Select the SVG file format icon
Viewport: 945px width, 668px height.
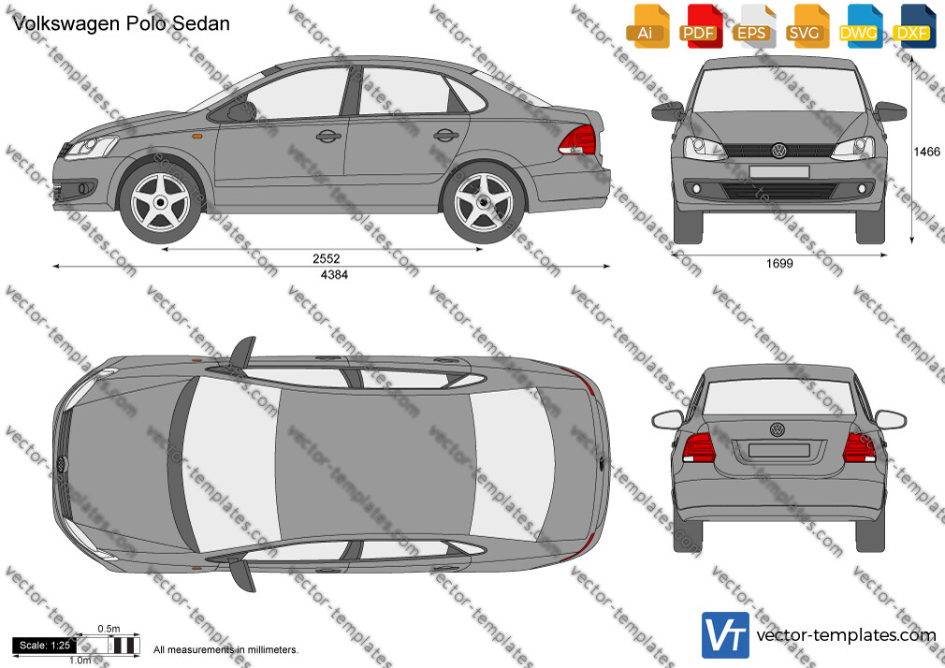pyautogui.click(x=808, y=26)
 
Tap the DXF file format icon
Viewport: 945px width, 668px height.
pyautogui.click(x=915, y=26)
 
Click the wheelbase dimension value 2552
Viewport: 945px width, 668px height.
pyautogui.click(x=326, y=258)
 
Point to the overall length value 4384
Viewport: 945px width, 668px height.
pyautogui.click(x=334, y=275)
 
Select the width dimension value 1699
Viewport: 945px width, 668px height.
pyautogui.click(x=779, y=264)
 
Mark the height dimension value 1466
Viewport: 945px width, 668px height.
pyautogui.click(x=926, y=152)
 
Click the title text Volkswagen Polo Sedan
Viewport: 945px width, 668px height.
pyautogui.click(x=121, y=23)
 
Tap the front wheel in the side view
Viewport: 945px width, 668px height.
pyautogui.click(x=160, y=202)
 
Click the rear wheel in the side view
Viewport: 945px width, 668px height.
pyautogui.click(x=484, y=202)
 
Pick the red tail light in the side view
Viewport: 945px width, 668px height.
pyautogui.click(x=577, y=140)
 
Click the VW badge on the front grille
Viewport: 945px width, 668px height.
pyautogui.click(x=778, y=150)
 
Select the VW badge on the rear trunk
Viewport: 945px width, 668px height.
pyautogui.click(x=778, y=429)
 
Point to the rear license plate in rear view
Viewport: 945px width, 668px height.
pyautogui.click(x=778, y=450)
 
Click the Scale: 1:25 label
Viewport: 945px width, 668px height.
pyautogui.click(x=45, y=646)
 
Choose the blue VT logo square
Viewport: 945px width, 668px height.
pyautogui.click(x=726, y=635)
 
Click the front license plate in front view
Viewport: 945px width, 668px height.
pyautogui.click(x=779, y=172)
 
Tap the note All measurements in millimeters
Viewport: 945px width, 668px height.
pyautogui.click(x=225, y=650)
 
